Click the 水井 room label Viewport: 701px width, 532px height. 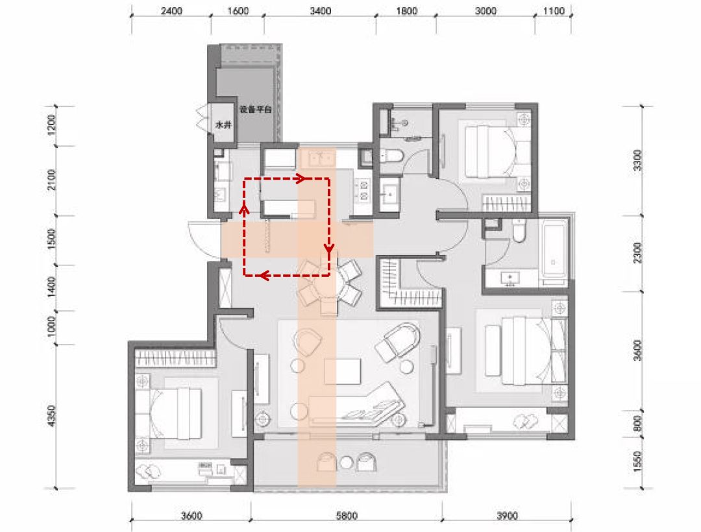tap(223, 125)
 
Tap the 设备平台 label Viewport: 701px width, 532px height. tap(256, 110)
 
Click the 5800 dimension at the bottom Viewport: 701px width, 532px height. tap(347, 516)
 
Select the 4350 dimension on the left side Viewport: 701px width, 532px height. tap(52, 416)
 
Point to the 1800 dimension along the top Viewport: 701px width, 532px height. tap(406, 11)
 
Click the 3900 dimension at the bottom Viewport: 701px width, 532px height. tap(507, 516)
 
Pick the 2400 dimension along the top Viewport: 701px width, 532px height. tap(171, 11)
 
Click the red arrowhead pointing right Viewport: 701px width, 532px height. tap(301, 178)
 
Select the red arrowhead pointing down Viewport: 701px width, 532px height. tap(330, 248)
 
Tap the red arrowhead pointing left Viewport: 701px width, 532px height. tap(264, 276)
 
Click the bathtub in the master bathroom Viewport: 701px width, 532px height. tap(554, 250)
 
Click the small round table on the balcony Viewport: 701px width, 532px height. tap(347, 463)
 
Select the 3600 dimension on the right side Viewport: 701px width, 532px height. tap(638, 350)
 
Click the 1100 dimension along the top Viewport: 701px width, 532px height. tap(554, 11)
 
